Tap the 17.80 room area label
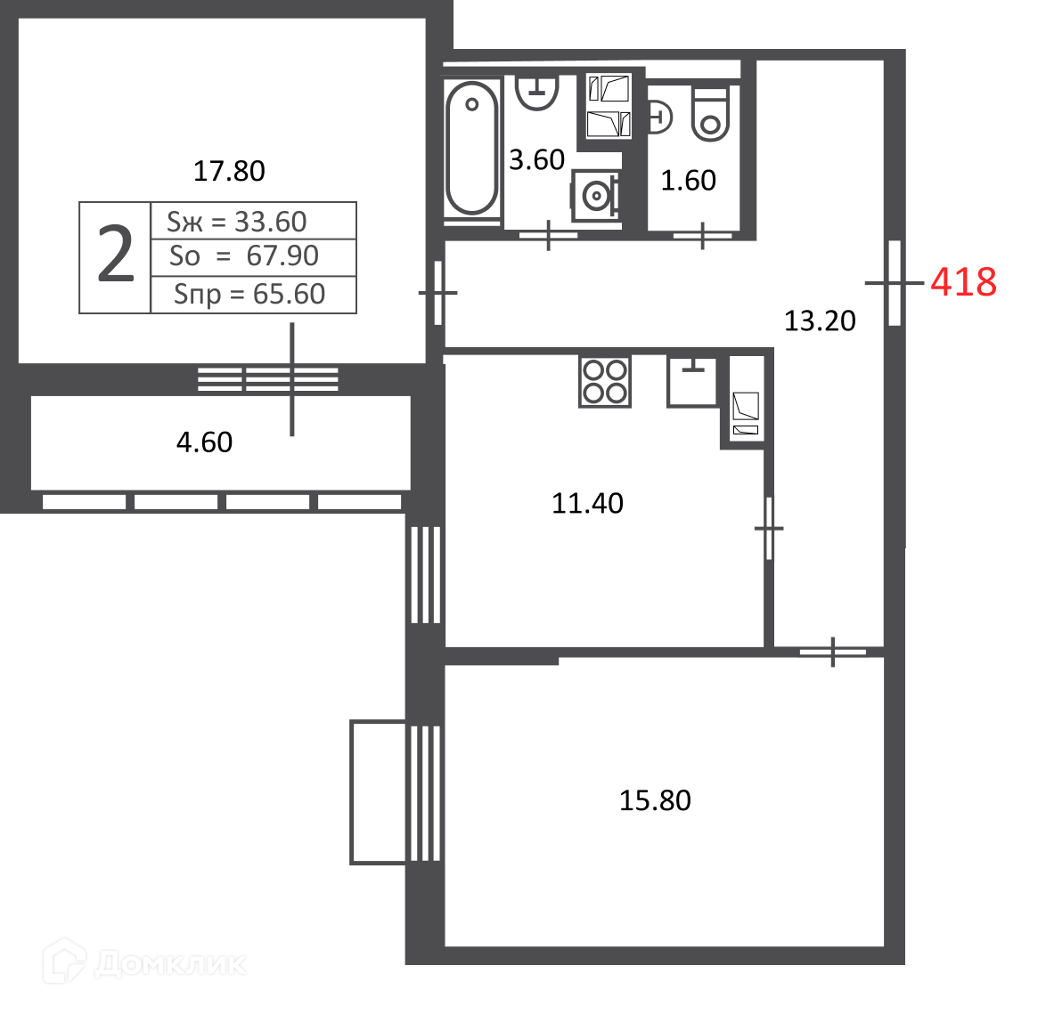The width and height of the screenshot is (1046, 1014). coord(229,171)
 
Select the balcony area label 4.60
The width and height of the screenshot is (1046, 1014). coord(204,442)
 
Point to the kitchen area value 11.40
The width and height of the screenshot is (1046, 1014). coord(587,503)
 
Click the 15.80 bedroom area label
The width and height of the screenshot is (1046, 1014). coord(655,800)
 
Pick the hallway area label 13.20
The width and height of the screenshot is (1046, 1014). coord(819,320)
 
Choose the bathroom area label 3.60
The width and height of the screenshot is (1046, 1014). coord(536,160)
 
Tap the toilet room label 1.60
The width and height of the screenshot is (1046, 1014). coord(688,181)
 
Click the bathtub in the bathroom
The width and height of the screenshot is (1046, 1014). coord(471,147)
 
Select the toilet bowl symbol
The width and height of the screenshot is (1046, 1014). coord(710,114)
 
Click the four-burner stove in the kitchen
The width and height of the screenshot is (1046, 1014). coord(604,381)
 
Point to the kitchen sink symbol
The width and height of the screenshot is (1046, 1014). coord(691,381)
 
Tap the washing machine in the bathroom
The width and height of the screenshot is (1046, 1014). coord(596,195)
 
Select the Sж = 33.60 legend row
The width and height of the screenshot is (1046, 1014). coord(237,222)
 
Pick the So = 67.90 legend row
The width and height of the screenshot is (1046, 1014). coord(243,256)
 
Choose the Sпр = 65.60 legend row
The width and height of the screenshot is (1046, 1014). coord(249,294)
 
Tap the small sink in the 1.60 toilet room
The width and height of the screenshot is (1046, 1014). coord(659,118)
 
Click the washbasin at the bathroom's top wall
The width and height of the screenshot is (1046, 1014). coord(537,92)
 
